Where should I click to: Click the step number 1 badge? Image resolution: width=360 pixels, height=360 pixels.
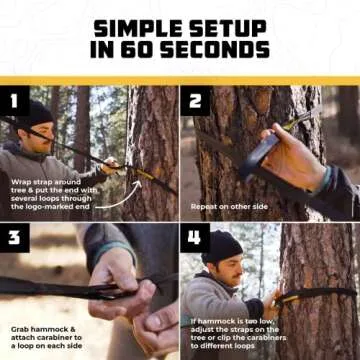(14, 100)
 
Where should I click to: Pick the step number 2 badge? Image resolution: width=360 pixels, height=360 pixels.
(196, 100)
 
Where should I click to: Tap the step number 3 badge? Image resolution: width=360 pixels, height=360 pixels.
(14, 238)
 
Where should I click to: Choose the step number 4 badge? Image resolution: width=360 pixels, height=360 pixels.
(196, 238)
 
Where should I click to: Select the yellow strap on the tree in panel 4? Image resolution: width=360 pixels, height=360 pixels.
(310, 295)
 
